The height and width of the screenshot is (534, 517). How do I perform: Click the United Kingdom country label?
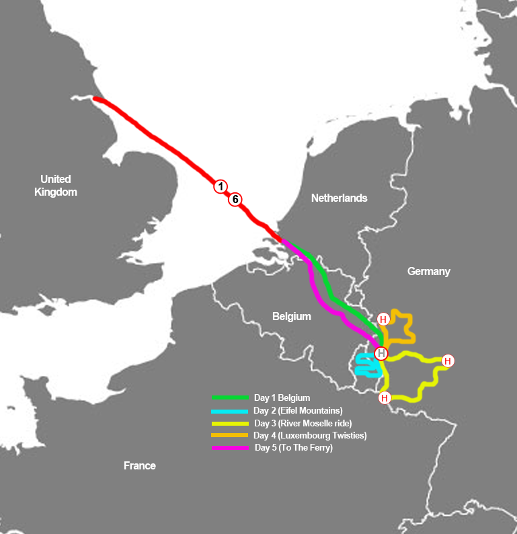(x=55, y=186)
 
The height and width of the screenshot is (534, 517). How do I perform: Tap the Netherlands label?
(x=339, y=198)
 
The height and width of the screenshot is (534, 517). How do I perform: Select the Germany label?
(x=428, y=271)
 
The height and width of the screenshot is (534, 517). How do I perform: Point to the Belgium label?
(x=291, y=316)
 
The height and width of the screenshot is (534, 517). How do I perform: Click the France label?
(x=140, y=465)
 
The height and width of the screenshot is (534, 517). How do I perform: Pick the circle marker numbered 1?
(x=221, y=186)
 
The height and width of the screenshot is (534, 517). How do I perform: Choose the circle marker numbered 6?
(x=235, y=199)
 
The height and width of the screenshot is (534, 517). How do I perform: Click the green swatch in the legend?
(x=230, y=397)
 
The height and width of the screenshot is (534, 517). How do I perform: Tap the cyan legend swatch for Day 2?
(x=230, y=410)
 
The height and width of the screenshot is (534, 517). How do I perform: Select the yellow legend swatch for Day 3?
(x=230, y=423)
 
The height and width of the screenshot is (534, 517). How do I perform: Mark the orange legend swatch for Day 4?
(x=230, y=435)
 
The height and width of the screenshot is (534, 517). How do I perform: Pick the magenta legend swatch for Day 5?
(x=230, y=448)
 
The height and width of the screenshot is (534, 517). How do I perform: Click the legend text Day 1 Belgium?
(x=282, y=397)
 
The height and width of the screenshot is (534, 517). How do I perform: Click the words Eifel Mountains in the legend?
(x=309, y=410)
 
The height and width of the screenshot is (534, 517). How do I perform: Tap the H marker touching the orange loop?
(x=383, y=319)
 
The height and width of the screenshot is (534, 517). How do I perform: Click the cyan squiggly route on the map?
(x=366, y=367)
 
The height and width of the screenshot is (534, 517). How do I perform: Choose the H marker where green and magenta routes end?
(x=381, y=353)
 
